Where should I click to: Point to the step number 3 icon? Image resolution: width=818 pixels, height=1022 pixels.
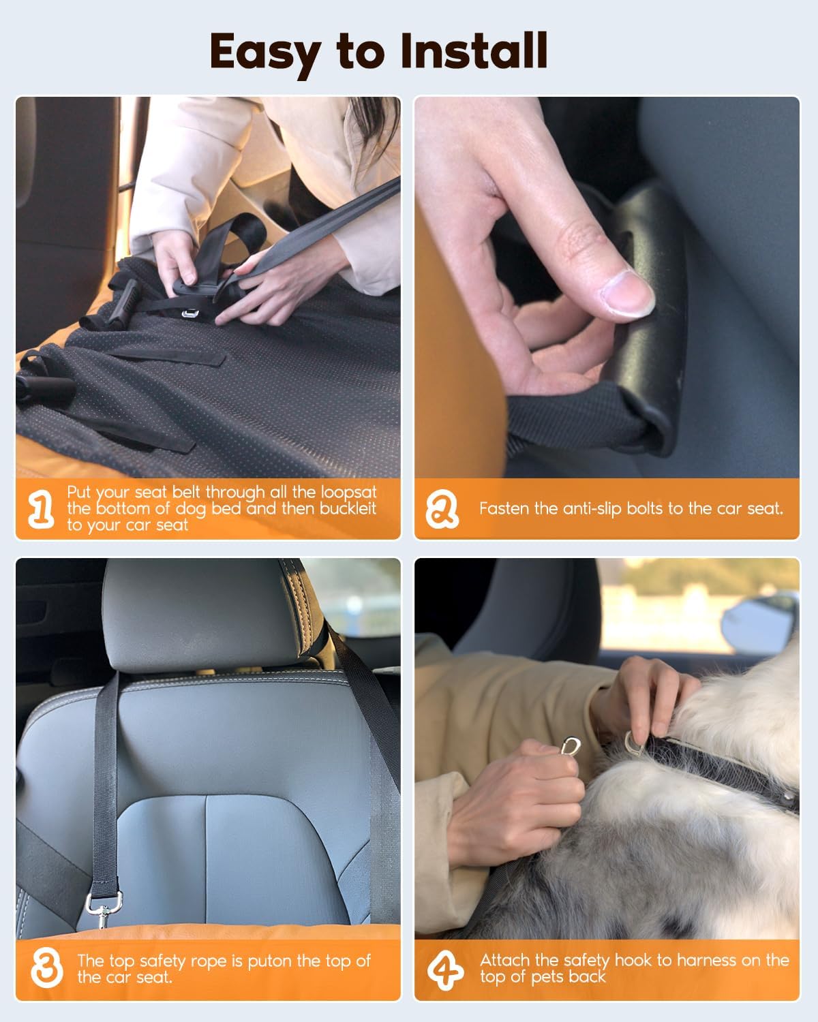pyautogui.click(x=46, y=968)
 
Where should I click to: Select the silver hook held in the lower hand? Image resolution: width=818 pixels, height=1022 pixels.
pyautogui.click(x=569, y=747)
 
